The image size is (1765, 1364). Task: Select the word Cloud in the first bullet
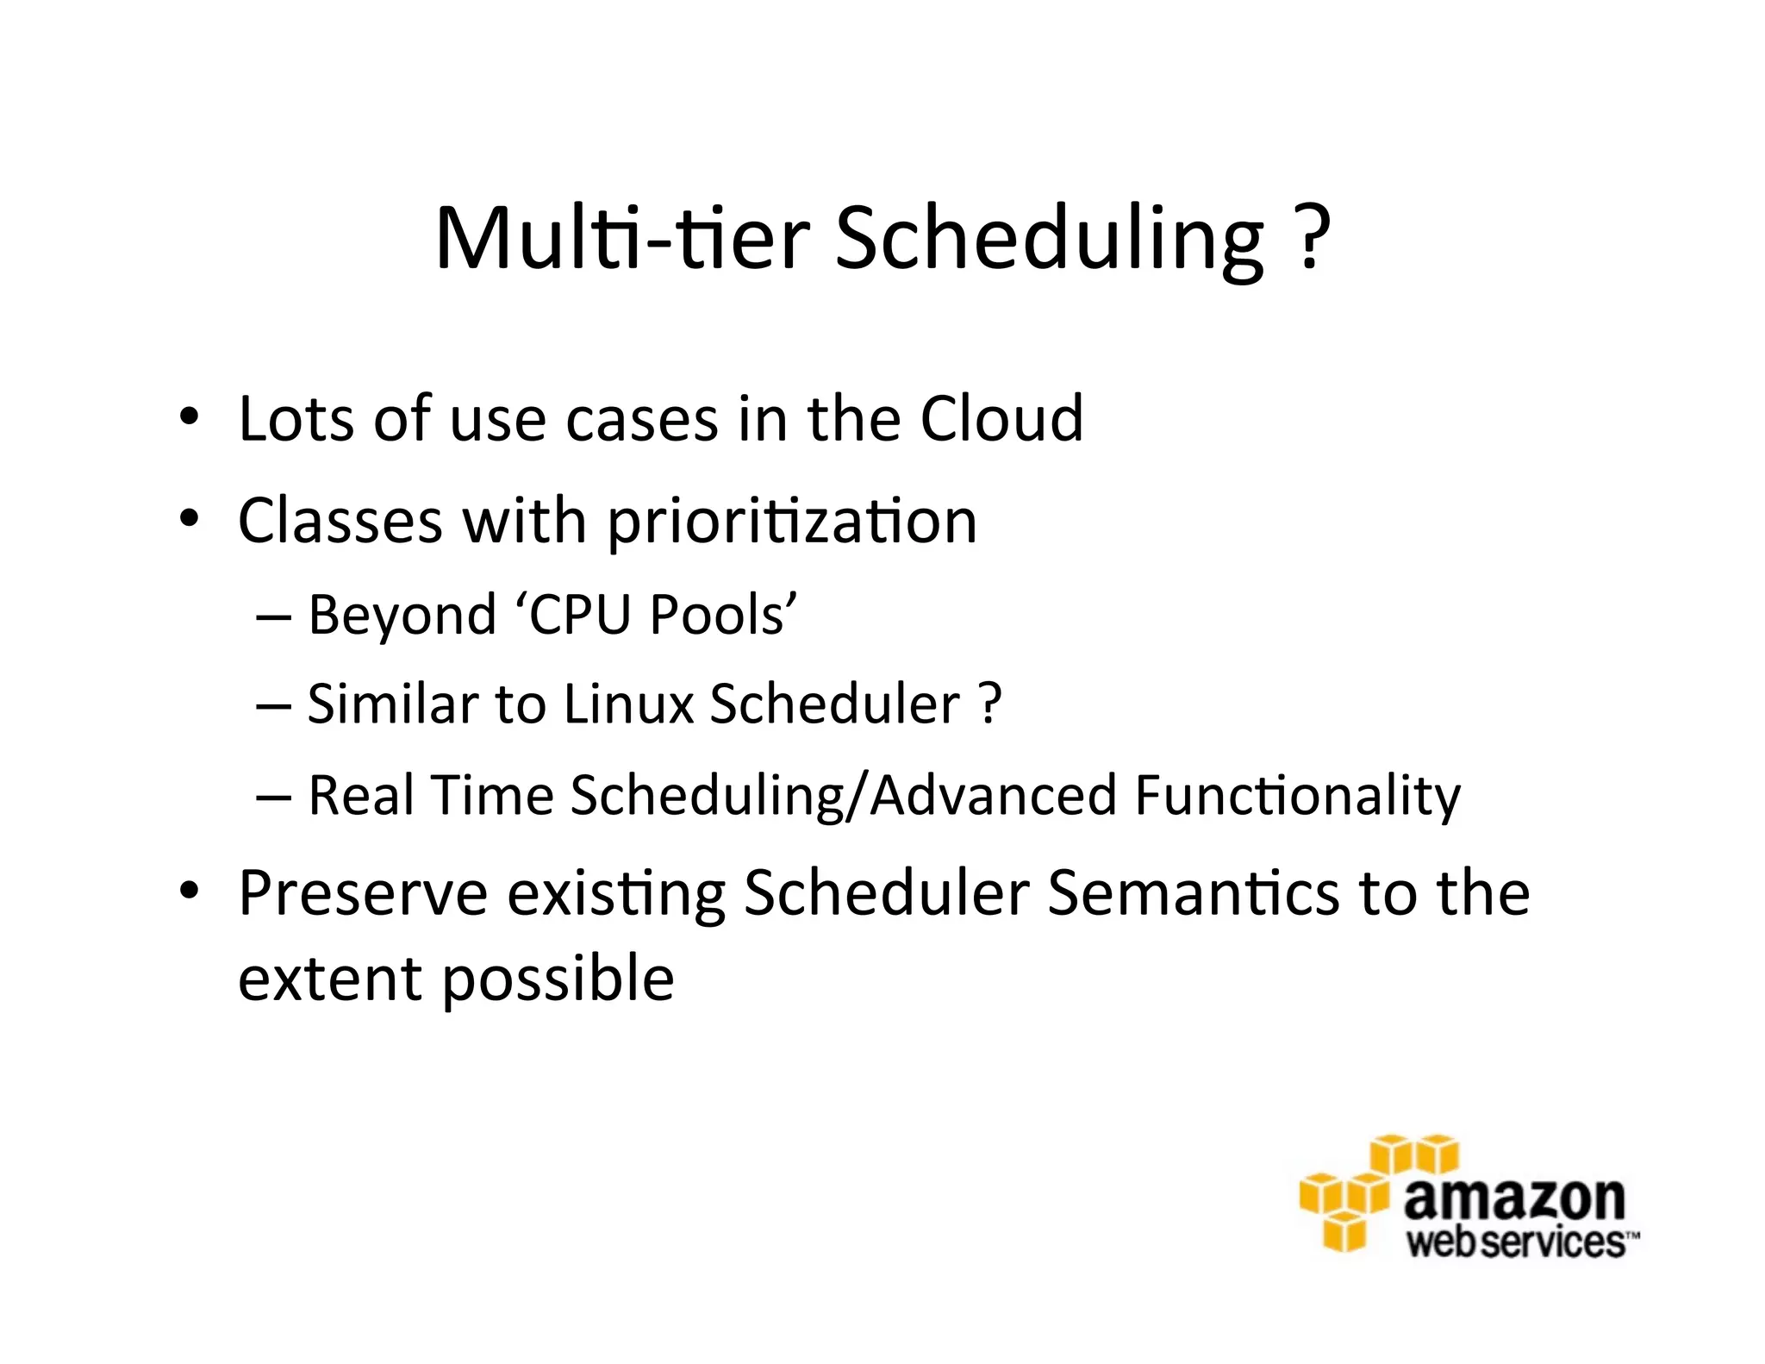(x=1001, y=419)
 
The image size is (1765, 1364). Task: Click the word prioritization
(x=792, y=522)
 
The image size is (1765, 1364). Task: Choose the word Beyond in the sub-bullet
(x=402, y=616)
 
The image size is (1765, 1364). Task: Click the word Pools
(x=722, y=616)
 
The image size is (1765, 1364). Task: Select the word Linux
(x=628, y=704)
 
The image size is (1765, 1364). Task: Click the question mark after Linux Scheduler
(x=990, y=704)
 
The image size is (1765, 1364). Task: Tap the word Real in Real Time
(x=361, y=795)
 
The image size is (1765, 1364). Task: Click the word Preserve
(x=363, y=893)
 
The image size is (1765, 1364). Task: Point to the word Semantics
(x=1193, y=893)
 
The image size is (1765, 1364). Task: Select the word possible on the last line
(x=558, y=980)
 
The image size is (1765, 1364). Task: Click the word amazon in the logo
(x=1514, y=1198)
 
